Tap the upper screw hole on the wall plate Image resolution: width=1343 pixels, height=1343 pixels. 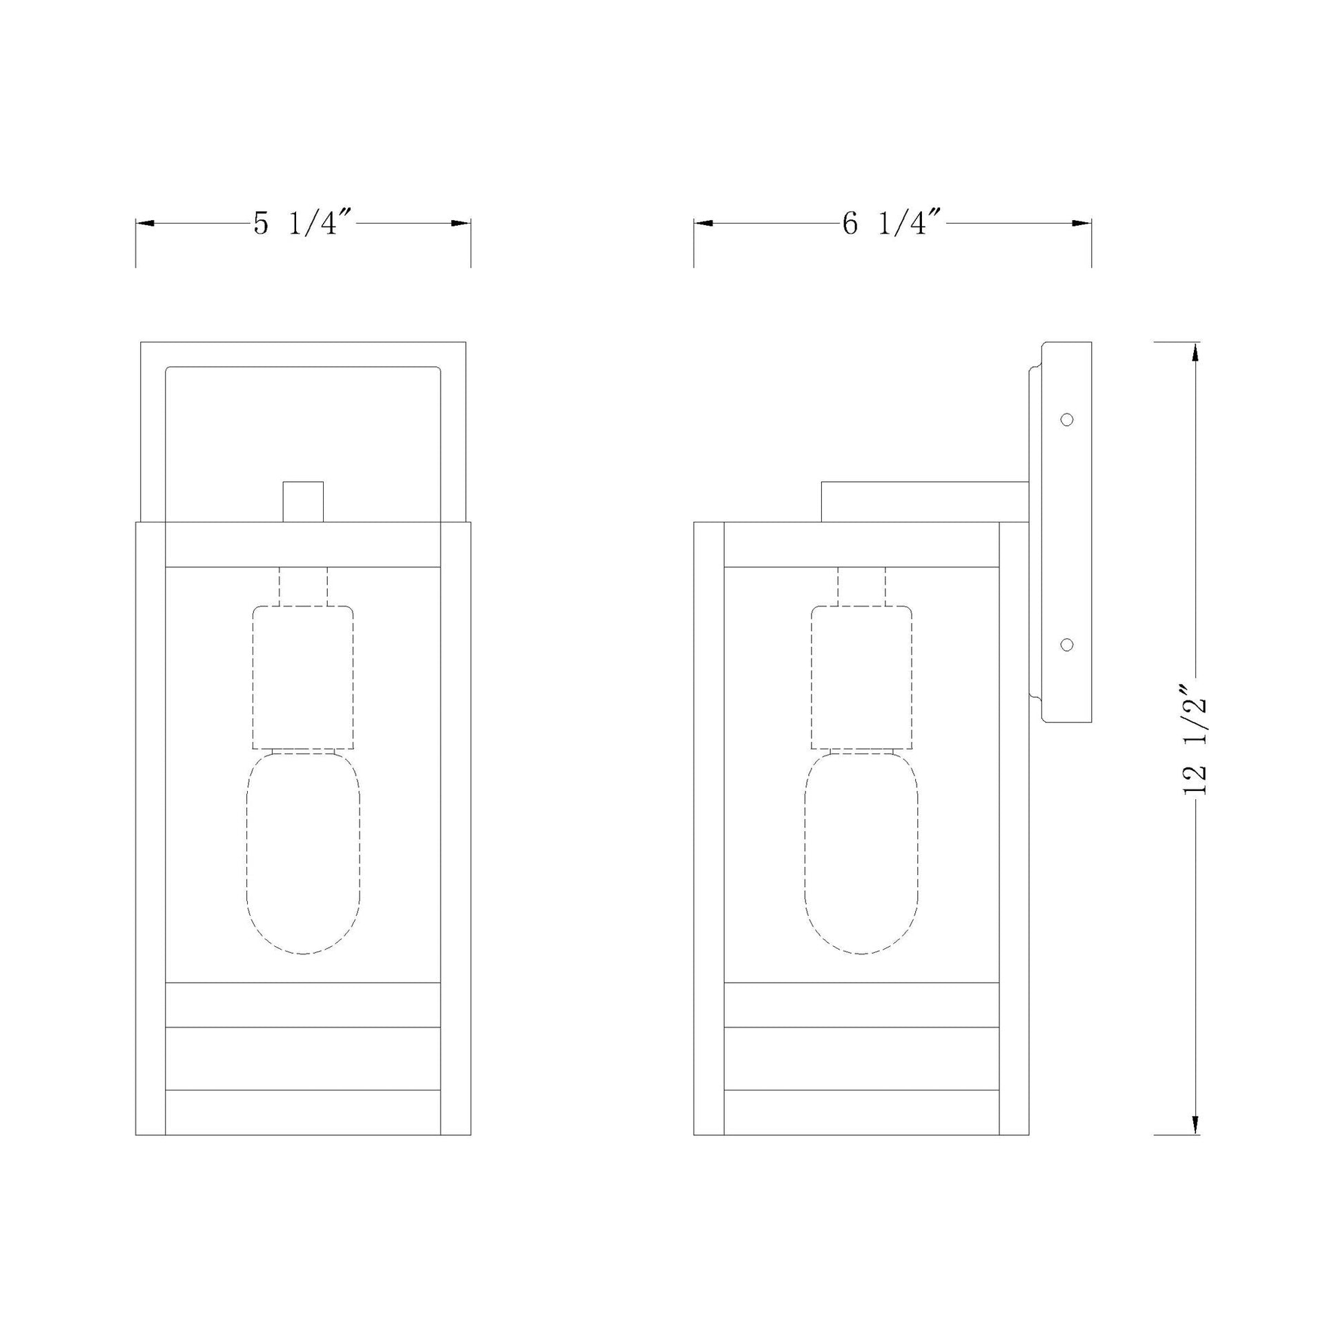tap(1067, 419)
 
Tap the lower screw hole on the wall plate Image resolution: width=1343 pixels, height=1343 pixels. tap(1067, 645)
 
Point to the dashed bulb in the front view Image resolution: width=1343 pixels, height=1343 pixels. tap(304, 853)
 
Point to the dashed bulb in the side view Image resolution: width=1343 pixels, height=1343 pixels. tap(862, 853)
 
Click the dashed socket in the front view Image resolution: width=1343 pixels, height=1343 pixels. tap(303, 677)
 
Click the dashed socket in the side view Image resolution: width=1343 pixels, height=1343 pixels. tap(862, 677)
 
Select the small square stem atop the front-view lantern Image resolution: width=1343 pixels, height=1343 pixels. tap(303, 501)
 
